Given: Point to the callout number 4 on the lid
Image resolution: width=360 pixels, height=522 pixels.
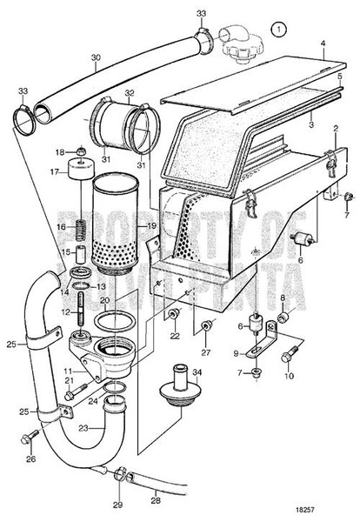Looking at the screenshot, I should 322,42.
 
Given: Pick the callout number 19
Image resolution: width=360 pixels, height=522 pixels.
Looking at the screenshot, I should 152,226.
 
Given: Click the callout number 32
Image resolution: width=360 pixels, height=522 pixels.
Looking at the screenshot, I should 130,92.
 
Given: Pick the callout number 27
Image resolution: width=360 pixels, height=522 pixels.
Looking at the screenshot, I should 205,352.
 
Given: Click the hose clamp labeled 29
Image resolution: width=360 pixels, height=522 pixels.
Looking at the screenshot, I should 123,474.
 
